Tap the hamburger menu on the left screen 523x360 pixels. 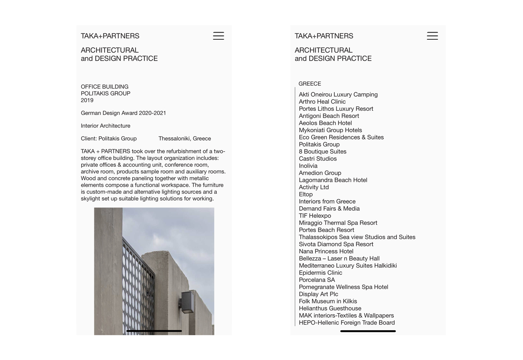(x=218, y=36)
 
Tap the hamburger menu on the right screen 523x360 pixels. (x=432, y=36)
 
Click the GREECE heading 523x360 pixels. (x=310, y=84)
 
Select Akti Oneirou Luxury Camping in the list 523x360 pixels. (x=338, y=94)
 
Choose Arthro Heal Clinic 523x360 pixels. (x=322, y=102)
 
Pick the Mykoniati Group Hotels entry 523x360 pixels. (x=330, y=130)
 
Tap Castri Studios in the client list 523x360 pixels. (x=318, y=158)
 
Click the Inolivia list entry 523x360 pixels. (x=308, y=166)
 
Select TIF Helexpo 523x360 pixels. (x=315, y=216)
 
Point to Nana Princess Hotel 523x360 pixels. (x=326, y=251)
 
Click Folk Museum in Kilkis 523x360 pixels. (x=328, y=301)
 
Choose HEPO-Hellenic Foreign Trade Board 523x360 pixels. (x=346, y=322)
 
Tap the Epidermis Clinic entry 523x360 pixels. (x=320, y=273)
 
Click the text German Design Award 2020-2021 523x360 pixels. (x=123, y=113)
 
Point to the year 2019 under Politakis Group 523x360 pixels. (x=87, y=100)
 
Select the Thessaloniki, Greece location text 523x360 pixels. (x=185, y=138)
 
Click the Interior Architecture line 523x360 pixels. (x=105, y=126)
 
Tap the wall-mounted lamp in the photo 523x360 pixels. (x=187, y=301)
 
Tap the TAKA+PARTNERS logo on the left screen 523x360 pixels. (x=110, y=36)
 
